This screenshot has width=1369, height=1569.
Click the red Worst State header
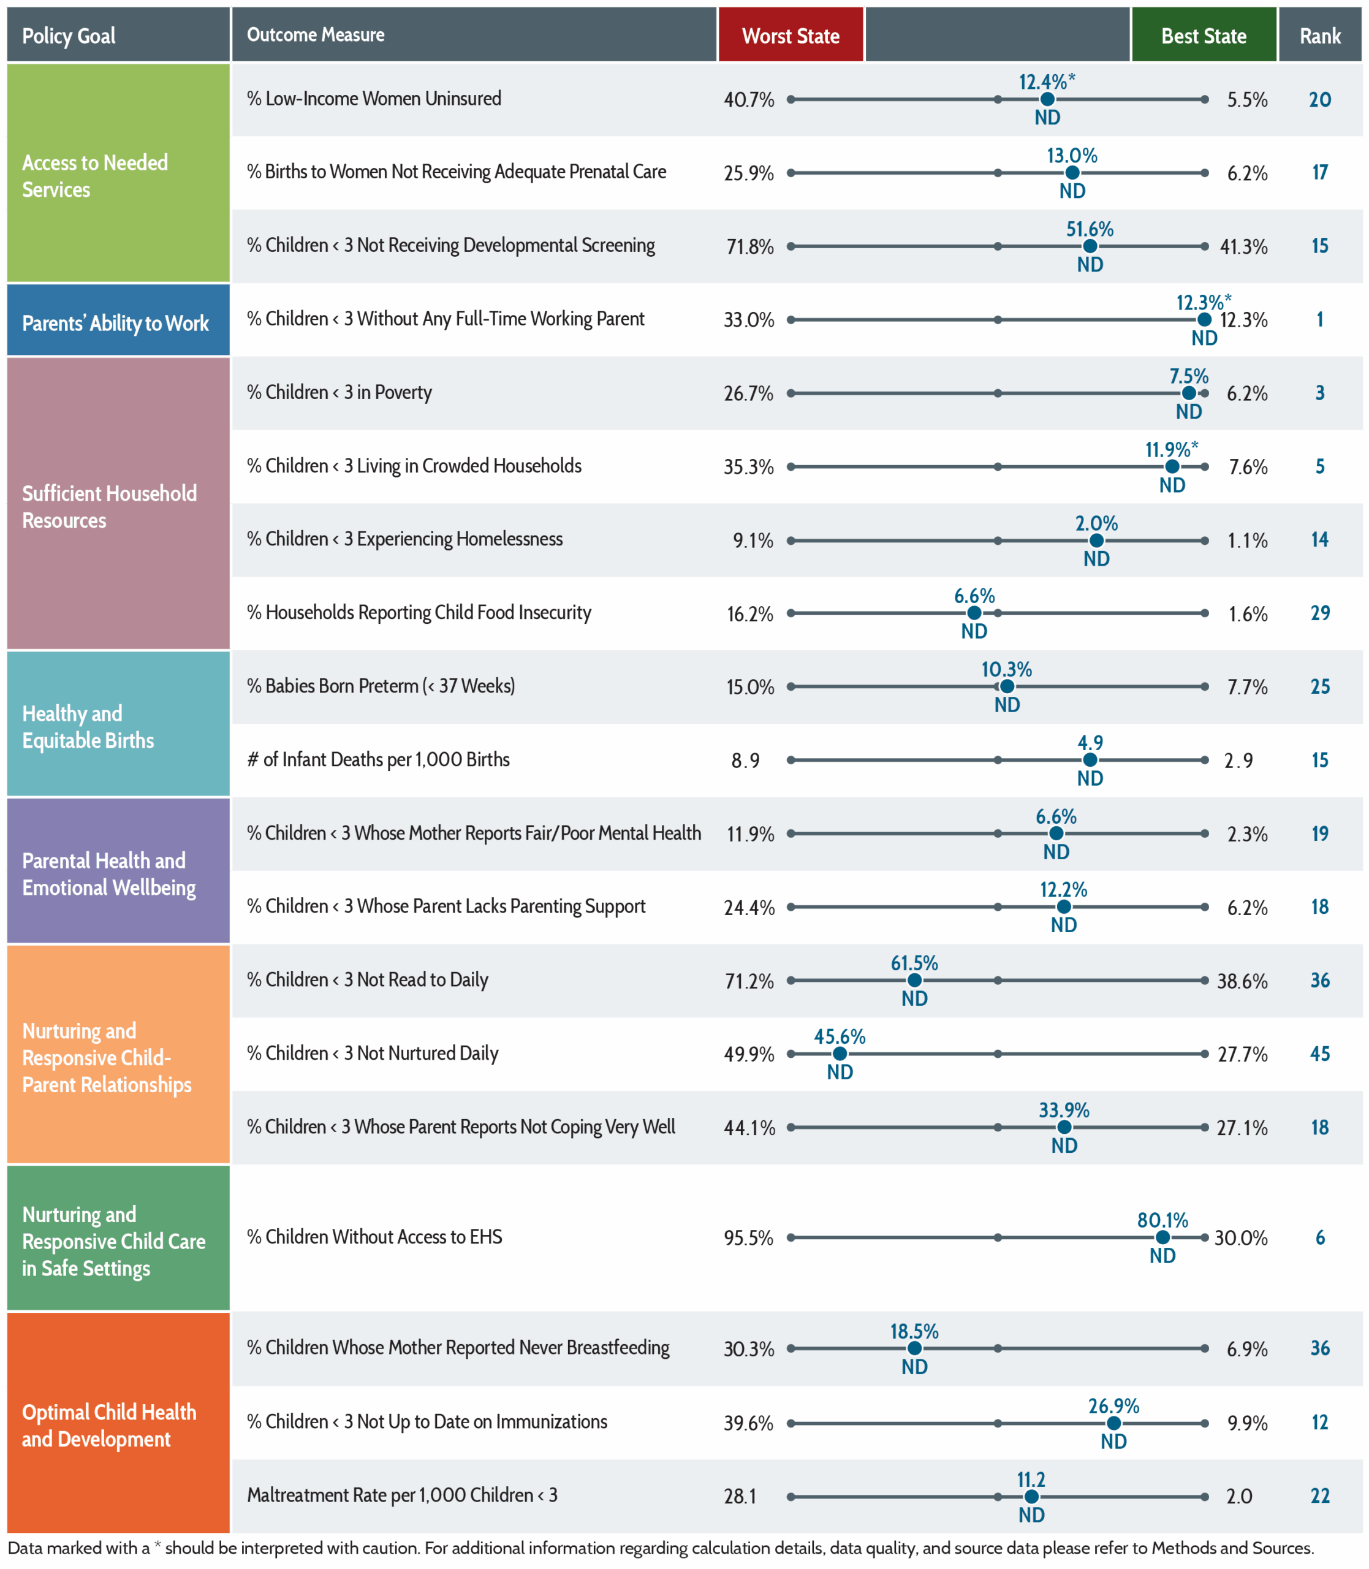(791, 35)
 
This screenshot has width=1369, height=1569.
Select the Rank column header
(1320, 35)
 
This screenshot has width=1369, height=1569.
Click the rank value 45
(1320, 1054)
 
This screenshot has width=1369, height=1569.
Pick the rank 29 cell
(1320, 613)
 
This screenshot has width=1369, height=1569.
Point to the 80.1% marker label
(1162, 1220)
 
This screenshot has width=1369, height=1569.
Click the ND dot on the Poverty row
(1189, 393)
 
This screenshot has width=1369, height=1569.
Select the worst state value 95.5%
(749, 1237)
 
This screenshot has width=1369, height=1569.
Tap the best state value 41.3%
(1244, 247)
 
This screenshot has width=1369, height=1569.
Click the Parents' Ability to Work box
(118, 320)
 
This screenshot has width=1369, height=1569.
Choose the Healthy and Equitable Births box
(118, 723)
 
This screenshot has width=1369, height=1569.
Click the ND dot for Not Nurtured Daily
(840, 1054)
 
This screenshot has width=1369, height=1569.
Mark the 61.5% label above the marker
(914, 962)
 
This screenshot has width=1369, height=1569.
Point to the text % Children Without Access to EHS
(374, 1237)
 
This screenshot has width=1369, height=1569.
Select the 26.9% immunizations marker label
(1114, 1405)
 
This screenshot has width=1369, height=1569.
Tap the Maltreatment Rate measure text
(402, 1495)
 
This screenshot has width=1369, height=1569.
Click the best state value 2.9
(1238, 760)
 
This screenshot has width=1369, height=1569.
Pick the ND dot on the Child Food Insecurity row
(974, 613)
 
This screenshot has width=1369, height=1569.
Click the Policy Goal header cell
(118, 35)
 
